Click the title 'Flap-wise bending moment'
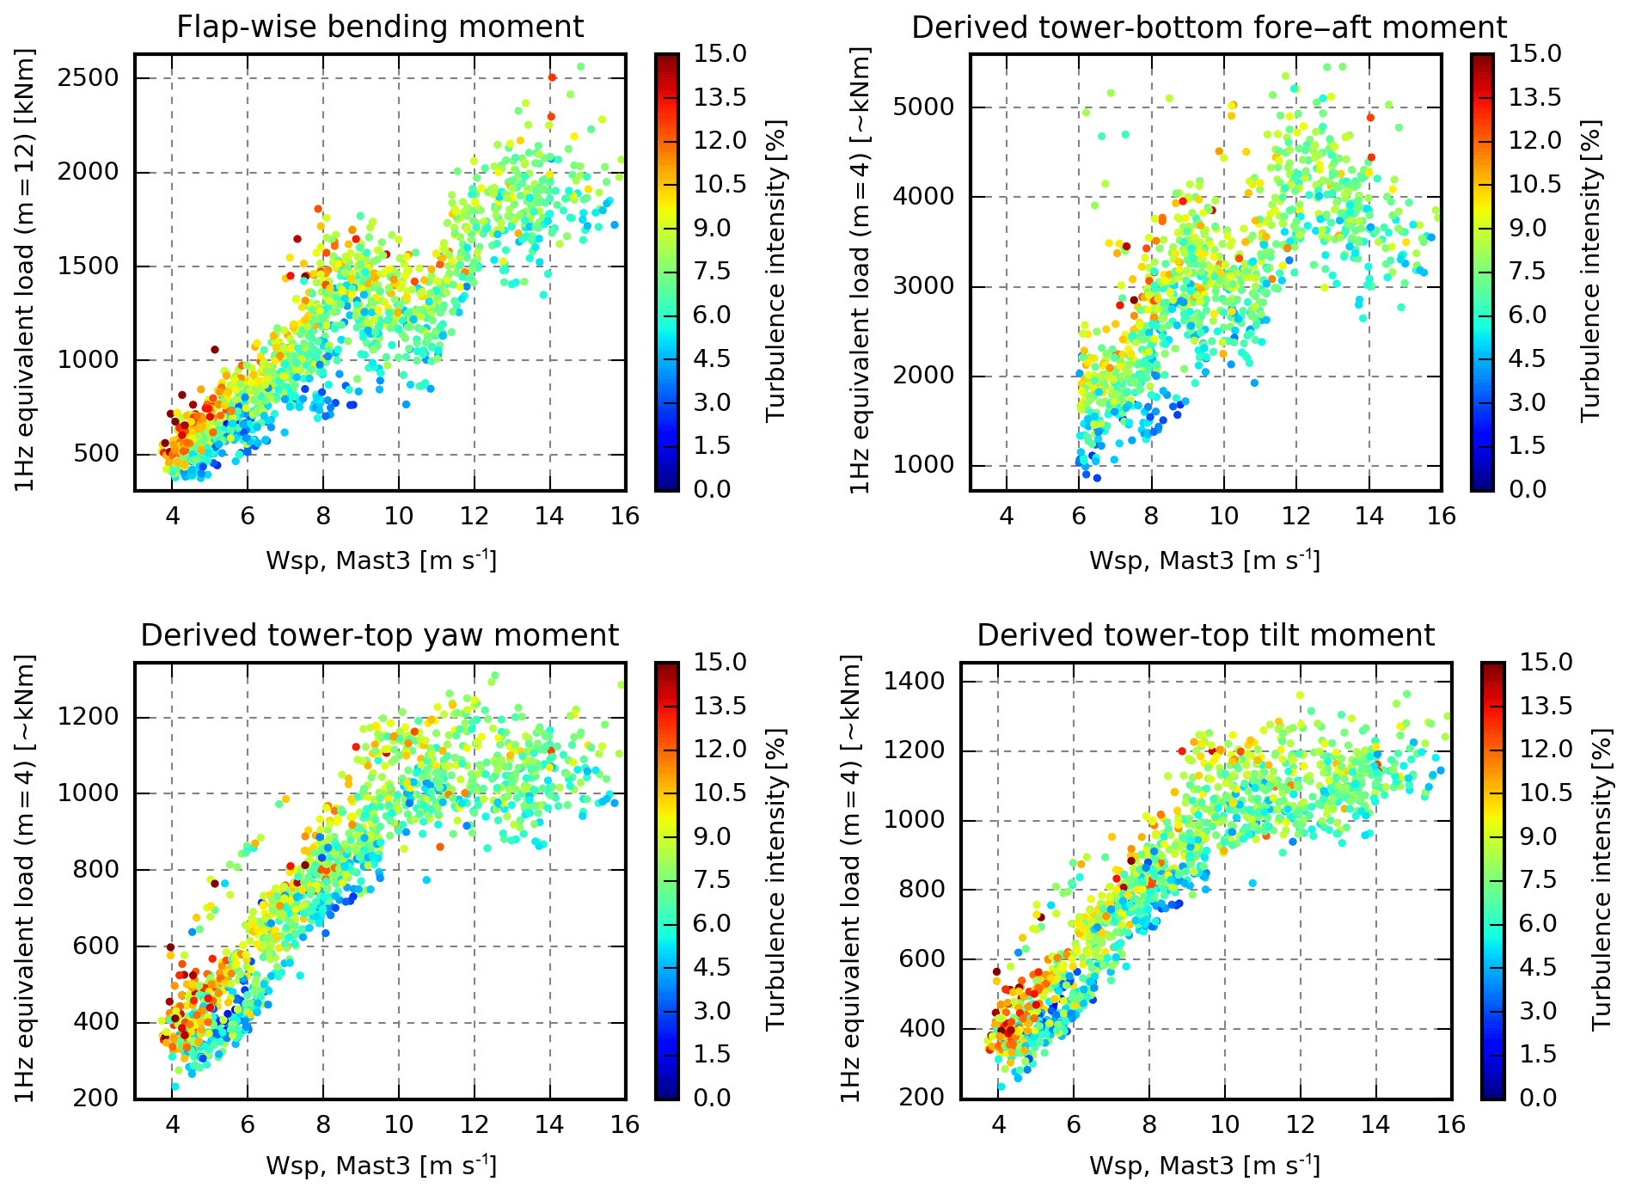tap(380, 27)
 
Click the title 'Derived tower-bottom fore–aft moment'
tap(1209, 27)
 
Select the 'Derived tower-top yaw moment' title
tap(379, 635)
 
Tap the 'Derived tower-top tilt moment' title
tap(1205, 635)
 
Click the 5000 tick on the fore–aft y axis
tap(923, 107)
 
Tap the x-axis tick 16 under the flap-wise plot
tap(625, 516)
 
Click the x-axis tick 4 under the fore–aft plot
tap(1007, 516)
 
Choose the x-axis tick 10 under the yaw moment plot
tap(398, 1124)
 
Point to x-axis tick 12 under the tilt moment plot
tap(1300, 1124)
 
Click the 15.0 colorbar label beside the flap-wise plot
tap(720, 53)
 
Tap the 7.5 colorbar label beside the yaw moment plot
tap(712, 879)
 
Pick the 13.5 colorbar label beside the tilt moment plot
tap(1546, 706)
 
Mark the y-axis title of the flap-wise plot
tap(25, 271)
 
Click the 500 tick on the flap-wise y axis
tap(96, 454)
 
